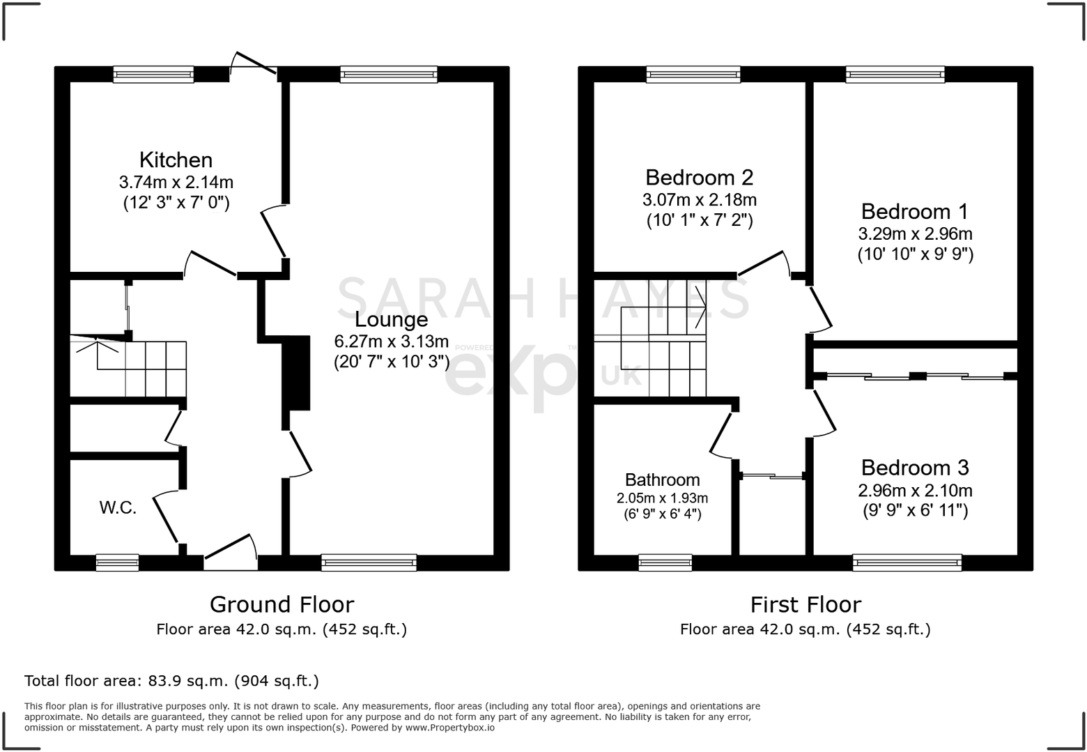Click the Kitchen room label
click(x=176, y=160)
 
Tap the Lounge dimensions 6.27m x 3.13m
click(x=391, y=342)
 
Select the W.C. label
click(x=118, y=507)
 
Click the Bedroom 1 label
click(x=914, y=211)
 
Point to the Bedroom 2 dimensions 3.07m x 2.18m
click(x=699, y=200)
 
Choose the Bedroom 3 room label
click(x=914, y=467)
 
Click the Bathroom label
click(x=662, y=479)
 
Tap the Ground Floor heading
click(x=282, y=604)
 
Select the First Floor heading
click(x=805, y=604)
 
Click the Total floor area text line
click(x=171, y=681)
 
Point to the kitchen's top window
click(x=153, y=74)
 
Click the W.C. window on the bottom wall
click(x=117, y=562)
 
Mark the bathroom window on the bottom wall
click(x=665, y=562)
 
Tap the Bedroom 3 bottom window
click(x=907, y=562)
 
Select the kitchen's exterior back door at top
click(x=254, y=63)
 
